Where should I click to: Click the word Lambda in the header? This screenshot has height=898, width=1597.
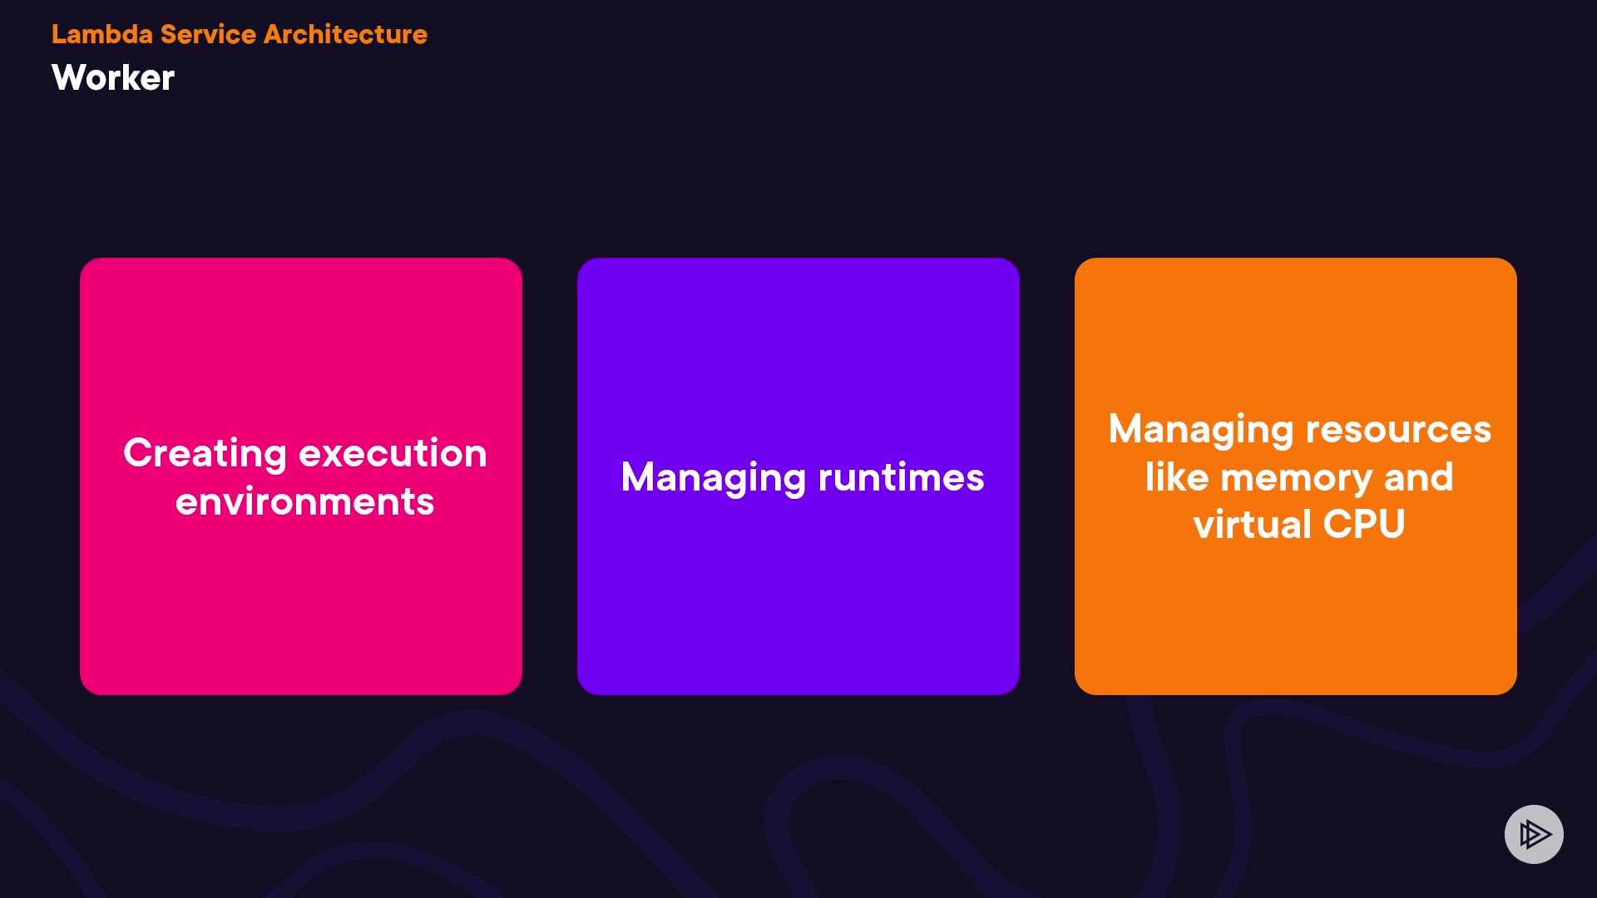click(x=102, y=34)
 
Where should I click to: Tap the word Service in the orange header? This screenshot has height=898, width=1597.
click(x=208, y=34)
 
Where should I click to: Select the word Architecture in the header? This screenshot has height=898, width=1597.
click(x=345, y=34)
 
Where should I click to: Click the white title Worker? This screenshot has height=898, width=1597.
click(x=113, y=77)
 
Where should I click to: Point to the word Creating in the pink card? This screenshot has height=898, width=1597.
click(x=205, y=455)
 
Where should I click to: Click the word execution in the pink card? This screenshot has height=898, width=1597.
click(x=393, y=453)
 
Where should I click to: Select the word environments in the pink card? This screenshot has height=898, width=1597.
click(x=305, y=501)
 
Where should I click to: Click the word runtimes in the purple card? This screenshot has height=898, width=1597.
click(x=901, y=477)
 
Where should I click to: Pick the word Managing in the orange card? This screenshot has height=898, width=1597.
click(x=1201, y=431)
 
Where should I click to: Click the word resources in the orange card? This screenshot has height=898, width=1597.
click(x=1398, y=430)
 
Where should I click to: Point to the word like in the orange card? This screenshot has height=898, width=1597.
click(x=1176, y=477)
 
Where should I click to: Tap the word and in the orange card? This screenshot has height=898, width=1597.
click(x=1419, y=477)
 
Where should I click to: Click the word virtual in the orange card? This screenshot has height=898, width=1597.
click(x=1253, y=524)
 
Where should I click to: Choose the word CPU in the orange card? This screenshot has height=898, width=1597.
click(x=1364, y=525)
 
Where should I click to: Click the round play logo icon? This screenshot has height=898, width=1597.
click(x=1534, y=834)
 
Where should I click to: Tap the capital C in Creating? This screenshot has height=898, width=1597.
click(x=139, y=453)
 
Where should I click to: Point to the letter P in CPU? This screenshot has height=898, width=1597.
click(x=1365, y=525)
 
